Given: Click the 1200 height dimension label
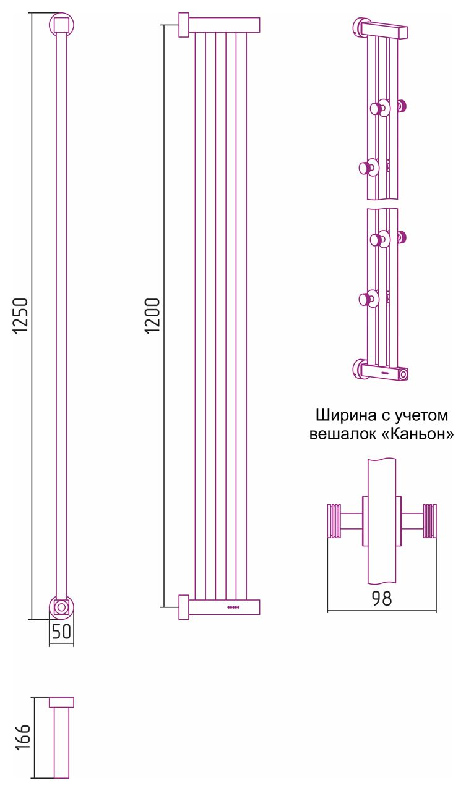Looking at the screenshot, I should pos(153,316).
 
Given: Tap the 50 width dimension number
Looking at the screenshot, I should pos(61,632).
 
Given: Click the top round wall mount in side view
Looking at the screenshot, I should pos(61,25).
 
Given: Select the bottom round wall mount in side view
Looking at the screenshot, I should pos(61,607).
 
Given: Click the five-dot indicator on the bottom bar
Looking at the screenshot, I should pos(233,607).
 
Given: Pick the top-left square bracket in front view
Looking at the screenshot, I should pos(184,25).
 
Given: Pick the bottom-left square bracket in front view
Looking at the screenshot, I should pos(184,607).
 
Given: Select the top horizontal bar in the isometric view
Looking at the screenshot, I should pos(384,30).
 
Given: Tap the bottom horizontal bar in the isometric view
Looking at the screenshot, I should pos(384,373).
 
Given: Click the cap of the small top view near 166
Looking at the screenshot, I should pos(61,702).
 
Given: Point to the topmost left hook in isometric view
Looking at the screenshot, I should pos(376,109).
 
